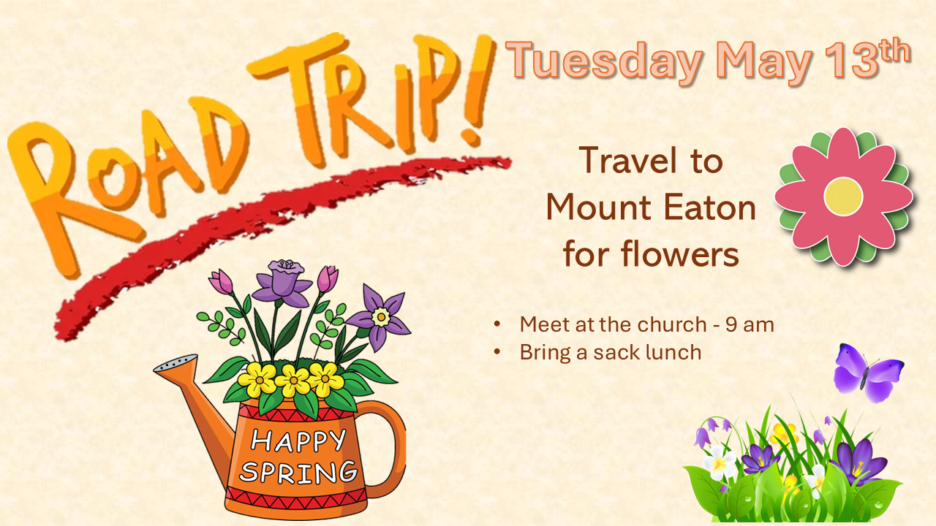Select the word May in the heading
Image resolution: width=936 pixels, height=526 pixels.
764,64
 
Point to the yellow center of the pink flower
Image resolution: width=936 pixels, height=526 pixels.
843,197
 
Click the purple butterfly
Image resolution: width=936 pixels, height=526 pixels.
868,373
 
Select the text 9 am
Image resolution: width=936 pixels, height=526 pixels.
750,325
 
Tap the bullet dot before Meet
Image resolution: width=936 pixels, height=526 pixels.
497,324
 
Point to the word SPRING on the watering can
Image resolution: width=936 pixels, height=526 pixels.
298,472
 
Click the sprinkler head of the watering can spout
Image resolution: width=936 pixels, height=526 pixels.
175,363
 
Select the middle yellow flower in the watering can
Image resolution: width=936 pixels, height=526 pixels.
293,381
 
